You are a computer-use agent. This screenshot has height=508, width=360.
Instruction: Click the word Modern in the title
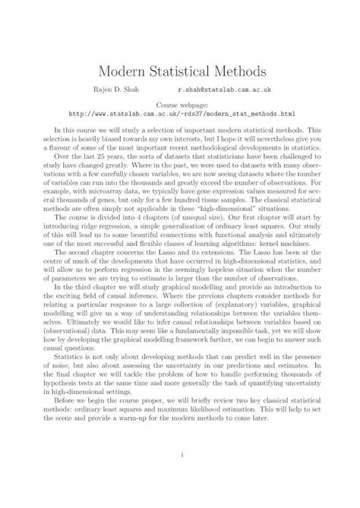122,72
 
